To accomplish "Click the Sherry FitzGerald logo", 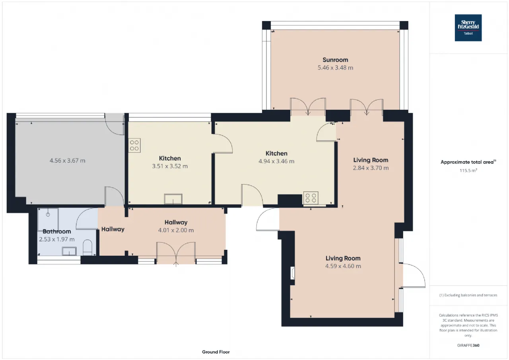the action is [x=468, y=28].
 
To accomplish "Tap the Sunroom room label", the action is [x=335, y=60].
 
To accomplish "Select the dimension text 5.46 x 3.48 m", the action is [x=335, y=68].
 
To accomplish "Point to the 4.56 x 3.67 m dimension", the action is [x=68, y=161].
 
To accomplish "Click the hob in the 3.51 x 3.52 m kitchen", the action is [x=134, y=146].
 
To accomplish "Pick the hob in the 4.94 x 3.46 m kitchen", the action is [x=311, y=198].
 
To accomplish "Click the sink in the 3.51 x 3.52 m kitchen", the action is [x=173, y=199].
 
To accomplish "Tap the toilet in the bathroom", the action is [x=87, y=247].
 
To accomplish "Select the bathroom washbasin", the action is [x=69, y=251].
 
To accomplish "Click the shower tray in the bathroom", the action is [x=48, y=220].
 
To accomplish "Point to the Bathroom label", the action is [x=57, y=232].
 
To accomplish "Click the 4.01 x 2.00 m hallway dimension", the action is [x=176, y=230].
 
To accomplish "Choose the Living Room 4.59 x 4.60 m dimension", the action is [x=343, y=266].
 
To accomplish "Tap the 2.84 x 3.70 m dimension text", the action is [x=371, y=168].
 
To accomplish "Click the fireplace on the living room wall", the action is [x=293, y=273].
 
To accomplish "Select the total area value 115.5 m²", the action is [x=468, y=171].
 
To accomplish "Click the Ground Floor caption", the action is [x=216, y=352].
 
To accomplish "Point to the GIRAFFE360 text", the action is [x=468, y=345].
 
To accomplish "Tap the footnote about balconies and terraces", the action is [x=468, y=295].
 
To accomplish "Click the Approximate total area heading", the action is [x=468, y=162].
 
